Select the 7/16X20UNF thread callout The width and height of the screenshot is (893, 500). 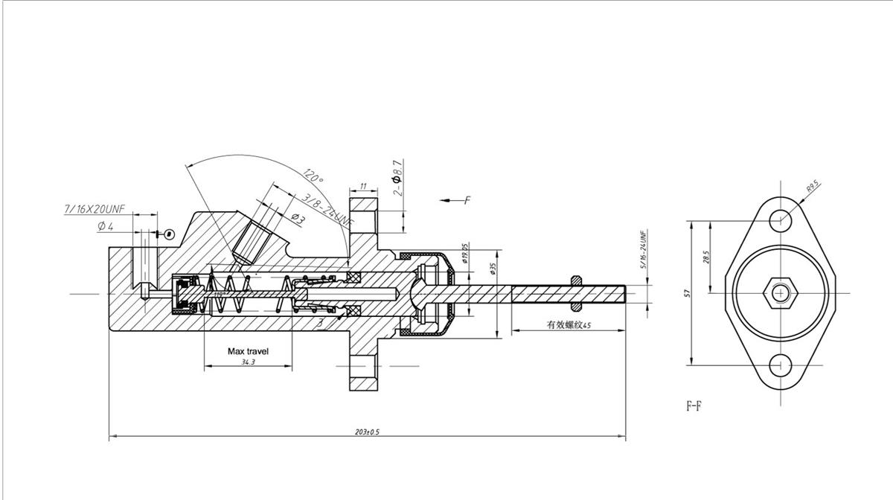click(x=95, y=211)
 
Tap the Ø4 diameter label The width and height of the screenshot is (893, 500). click(x=105, y=227)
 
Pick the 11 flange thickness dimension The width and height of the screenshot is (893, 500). click(x=363, y=186)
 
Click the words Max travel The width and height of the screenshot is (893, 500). click(x=248, y=350)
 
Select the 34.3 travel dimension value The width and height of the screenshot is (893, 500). click(x=248, y=362)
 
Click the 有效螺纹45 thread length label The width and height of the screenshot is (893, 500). click(x=569, y=325)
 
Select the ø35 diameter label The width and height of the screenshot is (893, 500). click(x=493, y=268)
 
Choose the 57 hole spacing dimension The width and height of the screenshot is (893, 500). click(x=689, y=293)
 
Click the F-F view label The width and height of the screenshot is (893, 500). click(x=694, y=407)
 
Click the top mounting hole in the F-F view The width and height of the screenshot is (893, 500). click(x=780, y=219)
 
